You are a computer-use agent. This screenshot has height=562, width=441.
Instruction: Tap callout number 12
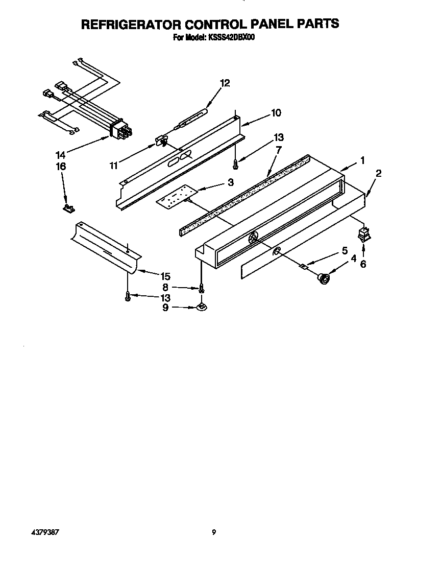225,83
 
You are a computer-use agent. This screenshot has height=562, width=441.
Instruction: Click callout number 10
276,113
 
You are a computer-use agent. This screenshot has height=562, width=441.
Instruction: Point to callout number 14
61,154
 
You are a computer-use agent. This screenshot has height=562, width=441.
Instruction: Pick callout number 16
61,167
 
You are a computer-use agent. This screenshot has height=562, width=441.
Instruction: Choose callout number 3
231,182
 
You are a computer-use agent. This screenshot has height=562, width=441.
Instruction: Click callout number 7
279,150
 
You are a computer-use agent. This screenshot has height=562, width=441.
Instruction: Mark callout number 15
165,275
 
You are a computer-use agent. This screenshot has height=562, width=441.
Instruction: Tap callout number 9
164,308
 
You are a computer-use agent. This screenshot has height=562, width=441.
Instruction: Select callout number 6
363,264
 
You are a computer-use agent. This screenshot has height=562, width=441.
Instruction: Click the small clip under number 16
68,207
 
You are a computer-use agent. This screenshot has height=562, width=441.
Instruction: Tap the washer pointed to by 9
202,307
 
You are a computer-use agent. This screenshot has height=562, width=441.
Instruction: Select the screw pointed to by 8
202,288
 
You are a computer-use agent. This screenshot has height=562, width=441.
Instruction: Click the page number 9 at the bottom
214,532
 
